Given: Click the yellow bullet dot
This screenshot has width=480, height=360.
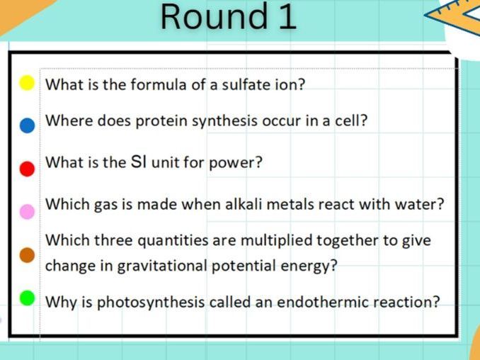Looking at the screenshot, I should click(27, 83).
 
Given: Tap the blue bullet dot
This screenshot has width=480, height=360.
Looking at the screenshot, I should click(27, 125).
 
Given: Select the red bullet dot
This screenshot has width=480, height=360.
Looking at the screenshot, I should click(27, 168).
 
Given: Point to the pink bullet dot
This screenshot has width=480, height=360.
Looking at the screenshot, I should click(27, 211).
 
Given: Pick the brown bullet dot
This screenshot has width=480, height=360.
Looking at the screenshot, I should click(27, 255).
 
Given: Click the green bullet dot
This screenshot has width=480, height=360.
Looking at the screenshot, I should click(27, 298).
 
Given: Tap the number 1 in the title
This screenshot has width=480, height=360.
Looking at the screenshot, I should click(285, 17).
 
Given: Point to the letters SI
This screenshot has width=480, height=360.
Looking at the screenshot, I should click(139, 162).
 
